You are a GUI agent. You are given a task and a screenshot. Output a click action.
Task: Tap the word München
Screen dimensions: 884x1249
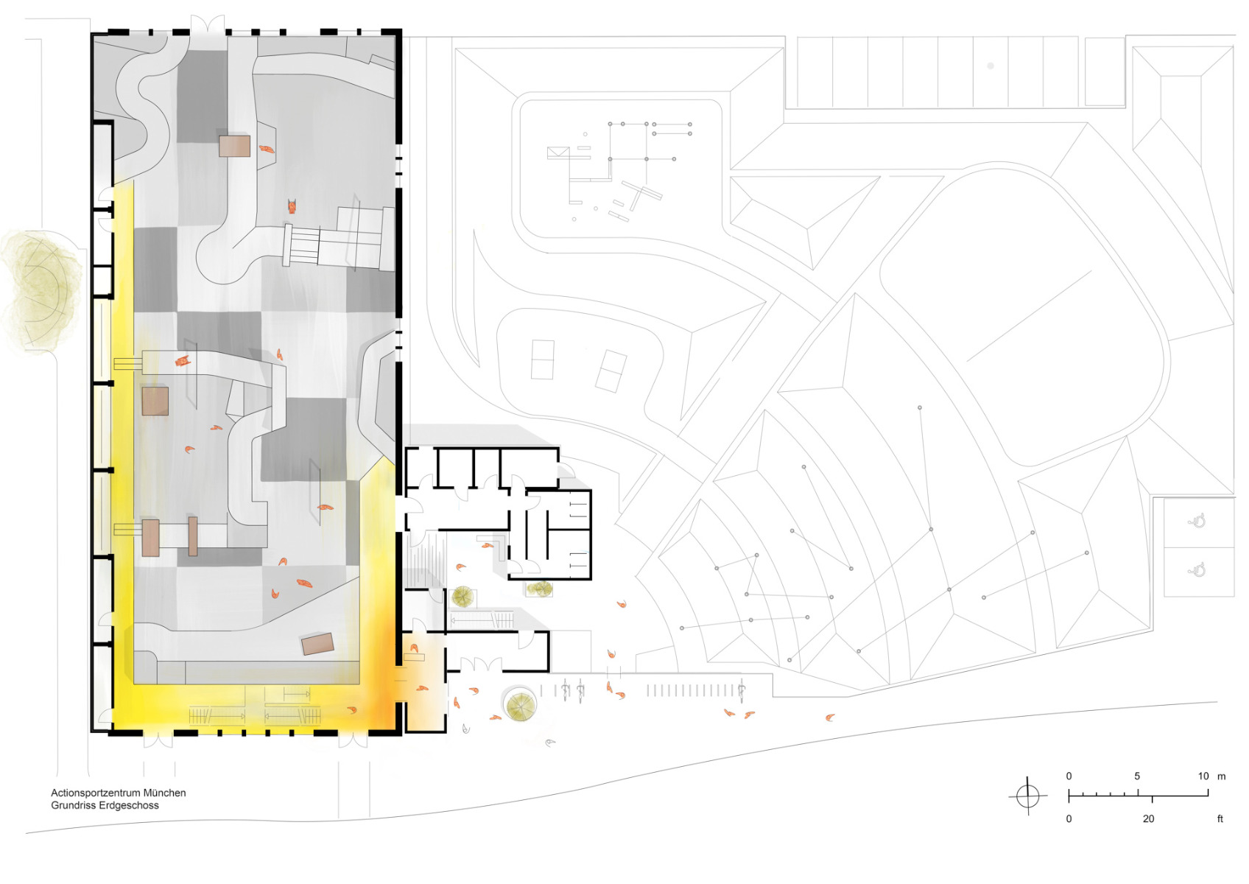[x=164, y=793]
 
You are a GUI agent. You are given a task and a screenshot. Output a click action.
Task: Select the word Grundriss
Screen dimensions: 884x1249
[x=72, y=805]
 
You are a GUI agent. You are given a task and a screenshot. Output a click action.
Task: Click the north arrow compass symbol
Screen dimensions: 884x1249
[x=1027, y=796]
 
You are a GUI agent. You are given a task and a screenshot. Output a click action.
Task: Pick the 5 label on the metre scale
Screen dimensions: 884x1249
[x=1137, y=776]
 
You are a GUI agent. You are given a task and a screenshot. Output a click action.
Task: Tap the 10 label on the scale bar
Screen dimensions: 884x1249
[x=1203, y=776]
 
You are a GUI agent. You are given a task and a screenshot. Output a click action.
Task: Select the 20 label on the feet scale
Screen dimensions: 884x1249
[x=1148, y=818]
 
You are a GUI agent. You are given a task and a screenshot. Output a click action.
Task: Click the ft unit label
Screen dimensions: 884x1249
[x=1220, y=818]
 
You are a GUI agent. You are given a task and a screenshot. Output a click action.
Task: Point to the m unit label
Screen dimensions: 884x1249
[x=1221, y=776]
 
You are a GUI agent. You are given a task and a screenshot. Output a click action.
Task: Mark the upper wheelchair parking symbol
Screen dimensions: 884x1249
[x=1197, y=522]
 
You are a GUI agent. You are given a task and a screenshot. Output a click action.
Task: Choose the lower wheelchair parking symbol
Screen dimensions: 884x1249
[x=1197, y=569]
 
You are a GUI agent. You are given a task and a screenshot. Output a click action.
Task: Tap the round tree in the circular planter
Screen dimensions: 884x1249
[x=521, y=706]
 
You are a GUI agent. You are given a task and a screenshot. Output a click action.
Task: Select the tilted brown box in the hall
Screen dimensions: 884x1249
[x=317, y=644]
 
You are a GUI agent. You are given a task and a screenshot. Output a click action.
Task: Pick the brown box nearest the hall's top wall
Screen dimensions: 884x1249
[x=234, y=145]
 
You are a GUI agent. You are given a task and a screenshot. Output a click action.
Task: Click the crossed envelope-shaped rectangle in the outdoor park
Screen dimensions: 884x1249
[x=557, y=153]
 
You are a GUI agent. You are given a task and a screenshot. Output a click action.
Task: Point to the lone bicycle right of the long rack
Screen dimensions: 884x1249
[x=742, y=690]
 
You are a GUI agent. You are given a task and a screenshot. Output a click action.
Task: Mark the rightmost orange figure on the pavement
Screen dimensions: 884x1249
[x=830, y=717]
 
